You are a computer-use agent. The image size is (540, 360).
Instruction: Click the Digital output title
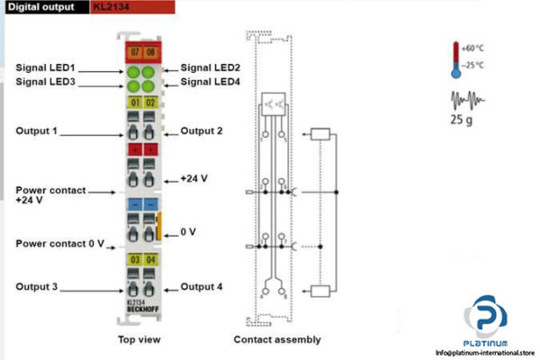pyautogui.click(x=42, y=8)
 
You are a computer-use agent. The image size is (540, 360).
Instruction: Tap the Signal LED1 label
pyautogui.click(x=46, y=68)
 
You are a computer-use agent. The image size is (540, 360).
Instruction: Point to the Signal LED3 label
pyautogui.click(x=46, y=83)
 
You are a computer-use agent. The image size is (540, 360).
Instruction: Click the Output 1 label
pyautogui.click(x=37, y=131)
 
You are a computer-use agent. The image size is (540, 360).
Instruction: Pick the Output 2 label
pyautogui.click(x=202, y=131)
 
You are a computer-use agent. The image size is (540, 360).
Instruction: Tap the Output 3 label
pyautogui.click(x=37, y=287)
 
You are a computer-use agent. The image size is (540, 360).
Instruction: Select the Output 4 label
pyautogui.click(x=202, y=287)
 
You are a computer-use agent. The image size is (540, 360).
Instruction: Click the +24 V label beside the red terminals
pyautogui.click(x=193, y=178)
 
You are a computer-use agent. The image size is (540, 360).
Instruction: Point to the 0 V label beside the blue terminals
pyautogui.click(x=188, y=232)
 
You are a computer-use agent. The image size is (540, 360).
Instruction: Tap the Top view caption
pyautogui.click(x=139, y=339)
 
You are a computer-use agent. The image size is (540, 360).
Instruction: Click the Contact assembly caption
pyautogui.click(x=277, y=339)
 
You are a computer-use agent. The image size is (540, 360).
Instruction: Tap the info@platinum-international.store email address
pyautogui.click(x=483, y=354)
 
